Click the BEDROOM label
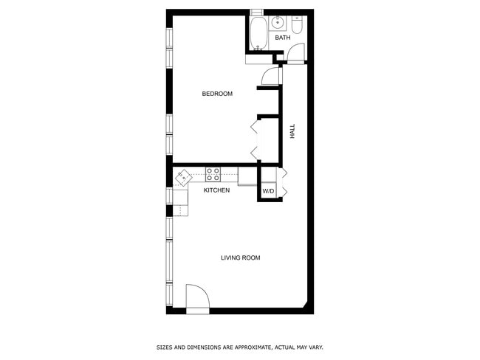217,94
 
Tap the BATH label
283,38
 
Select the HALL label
292,132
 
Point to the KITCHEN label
216,190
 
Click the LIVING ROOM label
240,257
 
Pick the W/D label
268,192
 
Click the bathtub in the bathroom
258,33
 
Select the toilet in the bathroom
297,26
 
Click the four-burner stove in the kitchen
213,175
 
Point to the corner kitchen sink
182,177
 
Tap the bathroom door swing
295,54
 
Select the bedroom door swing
271,75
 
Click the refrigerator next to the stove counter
248,176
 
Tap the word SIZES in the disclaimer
163,347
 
